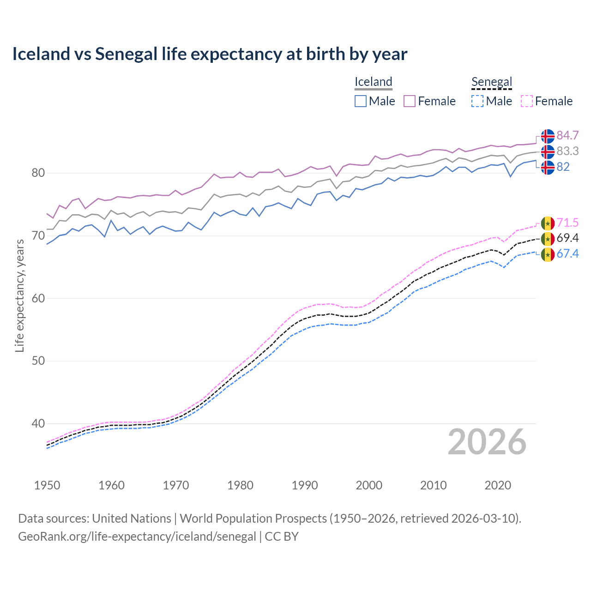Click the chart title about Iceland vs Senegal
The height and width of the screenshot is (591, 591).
tap(210, 54)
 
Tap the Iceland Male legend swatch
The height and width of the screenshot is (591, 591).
tap(361, 101)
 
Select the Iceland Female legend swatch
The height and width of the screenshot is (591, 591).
tap(410, 101)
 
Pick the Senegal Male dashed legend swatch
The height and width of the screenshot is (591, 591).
tap(477, 101)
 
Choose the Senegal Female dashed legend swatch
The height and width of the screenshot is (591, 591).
tap(527, 101)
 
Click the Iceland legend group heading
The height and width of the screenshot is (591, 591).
tap(373, 82)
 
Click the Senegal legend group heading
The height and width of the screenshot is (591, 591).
tap(492, 82)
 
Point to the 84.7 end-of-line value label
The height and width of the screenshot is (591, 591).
tap(567, 135)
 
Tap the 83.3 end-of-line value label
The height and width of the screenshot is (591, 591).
tap(567, 151)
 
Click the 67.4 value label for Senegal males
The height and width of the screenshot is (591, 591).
tap(567, 253)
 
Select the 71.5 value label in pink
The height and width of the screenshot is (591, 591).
tap(567, 223)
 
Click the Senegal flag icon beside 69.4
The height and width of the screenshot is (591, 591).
tap(548, 239)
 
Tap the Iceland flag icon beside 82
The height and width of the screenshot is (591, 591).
tap(548, 167)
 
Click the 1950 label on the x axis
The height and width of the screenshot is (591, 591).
tap(47, 485)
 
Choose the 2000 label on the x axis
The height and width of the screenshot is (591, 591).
tap(369, 485)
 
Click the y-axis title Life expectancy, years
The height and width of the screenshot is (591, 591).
tap(19, 295)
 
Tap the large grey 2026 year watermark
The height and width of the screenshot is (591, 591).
tap(487, 442)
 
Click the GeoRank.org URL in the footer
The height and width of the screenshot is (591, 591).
tap(137, 537)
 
